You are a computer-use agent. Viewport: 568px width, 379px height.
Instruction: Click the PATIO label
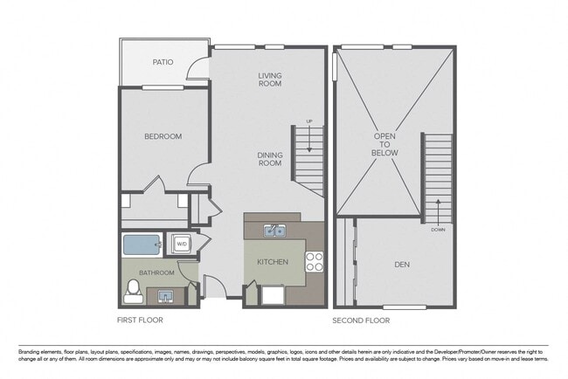[x=163, y=62]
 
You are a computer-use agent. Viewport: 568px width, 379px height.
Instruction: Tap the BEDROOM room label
[x=163, y=136]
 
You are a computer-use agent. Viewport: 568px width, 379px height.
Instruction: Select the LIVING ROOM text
[x=269, y=79]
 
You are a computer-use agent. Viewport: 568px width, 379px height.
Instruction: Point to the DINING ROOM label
[x=269, y=158]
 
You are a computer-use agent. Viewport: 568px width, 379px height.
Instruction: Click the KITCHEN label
[x=273, y=262]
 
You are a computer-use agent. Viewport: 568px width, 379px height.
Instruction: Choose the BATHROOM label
[x=157, y=272]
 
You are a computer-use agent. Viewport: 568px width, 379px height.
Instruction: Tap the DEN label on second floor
[x=402, y=264]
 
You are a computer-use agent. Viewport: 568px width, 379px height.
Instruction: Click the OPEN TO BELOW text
[x=385, y=144]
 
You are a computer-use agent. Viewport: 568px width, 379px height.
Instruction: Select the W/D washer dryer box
[x=182, y=244]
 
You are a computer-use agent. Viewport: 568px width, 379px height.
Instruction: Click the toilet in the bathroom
[x=133, y=291]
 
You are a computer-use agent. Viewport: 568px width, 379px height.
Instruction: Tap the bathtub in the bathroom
[x=140, y=245]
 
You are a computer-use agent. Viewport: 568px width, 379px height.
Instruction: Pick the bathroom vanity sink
[x=165, y=296]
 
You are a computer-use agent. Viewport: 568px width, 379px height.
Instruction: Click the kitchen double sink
[x=275, y=231]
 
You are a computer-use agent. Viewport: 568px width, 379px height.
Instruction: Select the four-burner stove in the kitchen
[x=314, y=261]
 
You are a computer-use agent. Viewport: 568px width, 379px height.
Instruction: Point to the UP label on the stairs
[x=308, y=121]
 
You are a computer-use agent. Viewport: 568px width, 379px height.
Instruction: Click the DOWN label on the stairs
[x=437, y=231]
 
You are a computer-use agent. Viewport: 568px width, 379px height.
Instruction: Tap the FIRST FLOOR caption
[x=140, y=320]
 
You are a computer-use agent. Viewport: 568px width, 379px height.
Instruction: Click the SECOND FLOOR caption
[x=360, y=320]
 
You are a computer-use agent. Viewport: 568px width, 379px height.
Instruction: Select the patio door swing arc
[x=200, y=70]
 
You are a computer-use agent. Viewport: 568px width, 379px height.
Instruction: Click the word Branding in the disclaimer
[x=32, y=352]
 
